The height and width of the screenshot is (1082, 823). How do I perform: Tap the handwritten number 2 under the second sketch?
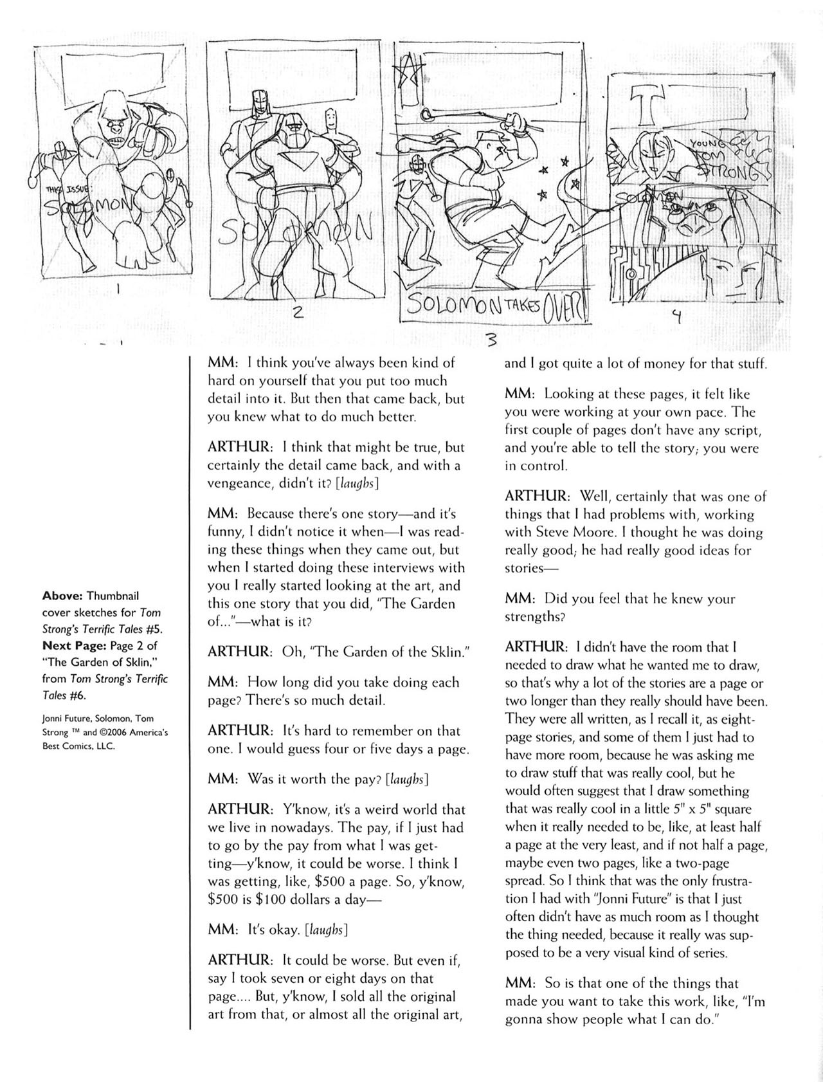pyautogui.click(x=297, y=313)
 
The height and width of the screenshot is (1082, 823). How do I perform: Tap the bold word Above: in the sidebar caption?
pyautogui.click(x=61, y=596)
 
